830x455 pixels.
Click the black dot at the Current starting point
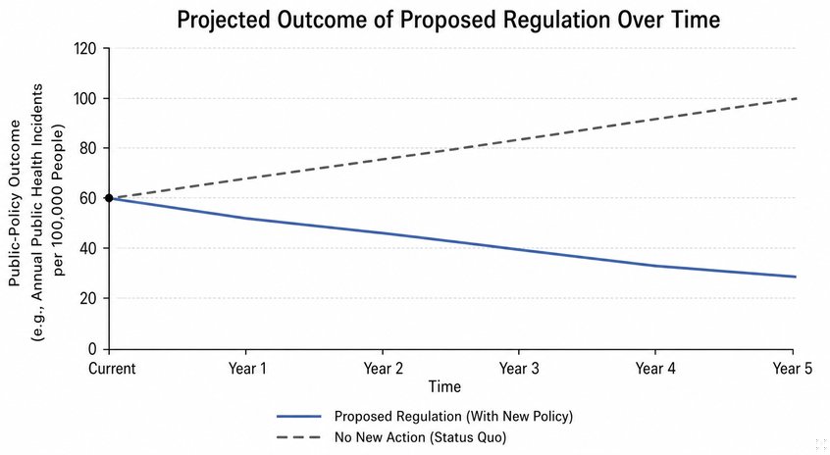pyautogui.click(x=109, y=198)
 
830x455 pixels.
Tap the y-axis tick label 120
pyautogui.click(x=84, y=49)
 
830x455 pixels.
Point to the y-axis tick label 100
pyautogui.click(x=84, y=98)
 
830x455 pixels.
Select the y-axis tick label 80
pyautogui.click(x=88, y=148)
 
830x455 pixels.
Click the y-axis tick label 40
pyautogui.click(x=88, y=248)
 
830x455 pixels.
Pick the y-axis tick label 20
pyautogui.click(x=88, y=298)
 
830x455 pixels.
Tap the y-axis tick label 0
pyautogui.click(x=92, y=349)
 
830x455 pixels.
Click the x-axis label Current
pyautogui.click(x=112, y=369)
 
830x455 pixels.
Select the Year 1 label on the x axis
pyautogui.click(x=247, y=369)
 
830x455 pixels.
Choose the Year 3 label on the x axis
pyautogui.click(x=519, y=369)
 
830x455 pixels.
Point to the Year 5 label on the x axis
pyautogui.click(x=792, y=369)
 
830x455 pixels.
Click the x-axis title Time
pyautogui.click(x=444, y=386)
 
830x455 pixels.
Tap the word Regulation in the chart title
pyautogui.click(x=556, y=21)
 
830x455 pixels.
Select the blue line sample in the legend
pyautogui.click(x=299, y=417)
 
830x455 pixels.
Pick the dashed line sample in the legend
pyautogui.click(x=299, y=437)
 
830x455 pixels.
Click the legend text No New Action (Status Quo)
pyautogui.click(x=420, y=437)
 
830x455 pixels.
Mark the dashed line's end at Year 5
pyautogui.click(x=796, y=98)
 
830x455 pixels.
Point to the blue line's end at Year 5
pyautogui.click(x=796, y=277)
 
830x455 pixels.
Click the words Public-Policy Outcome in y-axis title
pyautogui.click(x=15, y=203)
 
